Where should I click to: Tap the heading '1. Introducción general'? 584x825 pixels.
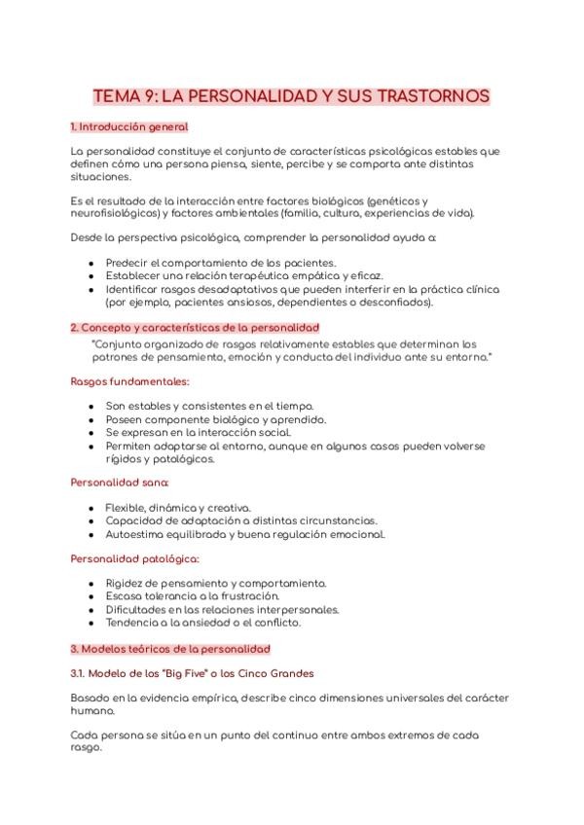tap(129, 127)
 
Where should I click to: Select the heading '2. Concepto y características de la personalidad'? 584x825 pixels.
tap(195, 328)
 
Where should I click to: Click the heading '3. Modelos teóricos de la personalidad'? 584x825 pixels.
tap(170, 648)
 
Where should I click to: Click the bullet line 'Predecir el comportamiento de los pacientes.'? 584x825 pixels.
tap(221, 263)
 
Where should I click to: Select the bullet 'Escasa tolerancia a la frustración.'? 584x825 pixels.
tap(193, 596)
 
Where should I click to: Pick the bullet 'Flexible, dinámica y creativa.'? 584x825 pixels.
tap(178, 508)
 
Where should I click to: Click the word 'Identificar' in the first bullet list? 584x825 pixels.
tap(135, 289)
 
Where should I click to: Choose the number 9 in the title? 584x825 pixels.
tap(147, 97)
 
